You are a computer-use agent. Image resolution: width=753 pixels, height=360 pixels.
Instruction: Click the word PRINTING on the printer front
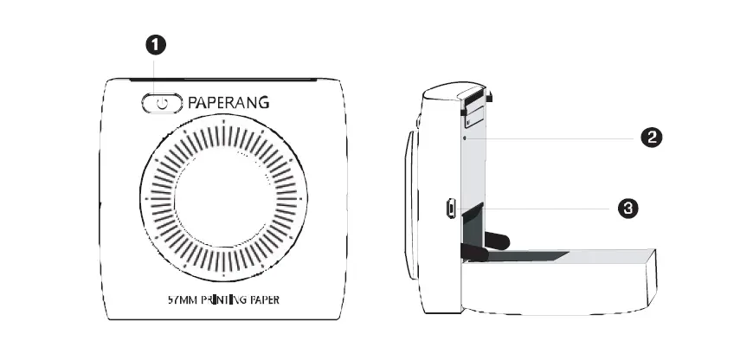point(224,302)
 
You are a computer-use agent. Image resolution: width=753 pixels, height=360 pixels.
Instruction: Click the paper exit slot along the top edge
point(224,80)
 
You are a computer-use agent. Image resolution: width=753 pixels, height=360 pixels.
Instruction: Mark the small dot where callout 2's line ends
point(465,137)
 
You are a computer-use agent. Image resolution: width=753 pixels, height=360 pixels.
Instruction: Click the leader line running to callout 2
point(554,137)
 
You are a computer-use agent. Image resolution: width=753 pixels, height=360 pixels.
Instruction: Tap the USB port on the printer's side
point(450,209)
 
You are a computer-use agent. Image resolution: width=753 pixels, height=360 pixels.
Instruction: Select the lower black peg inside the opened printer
point(473,252)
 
